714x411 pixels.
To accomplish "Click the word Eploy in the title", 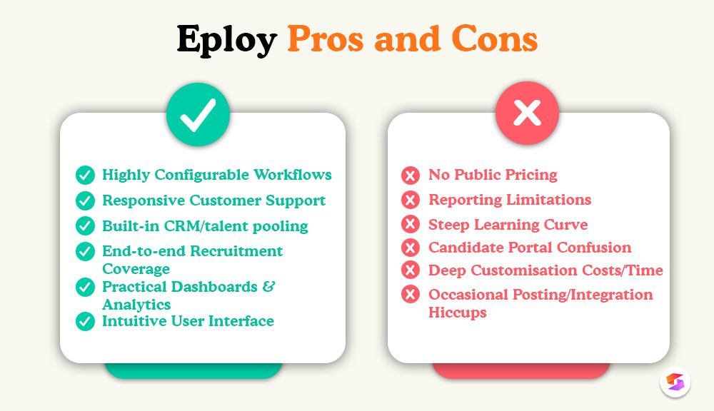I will pos(226,40).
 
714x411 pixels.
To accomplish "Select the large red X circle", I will pos(527,113).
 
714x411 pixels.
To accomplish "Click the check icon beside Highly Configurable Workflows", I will pos(85,176).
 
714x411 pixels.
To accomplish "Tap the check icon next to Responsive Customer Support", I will pos(85,201).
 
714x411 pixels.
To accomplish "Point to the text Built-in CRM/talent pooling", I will pos(205,226).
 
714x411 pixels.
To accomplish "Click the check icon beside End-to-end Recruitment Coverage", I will pos(85,251).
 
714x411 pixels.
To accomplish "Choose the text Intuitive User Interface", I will pos(188,321).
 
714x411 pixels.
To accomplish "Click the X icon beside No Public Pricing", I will pos(411,176).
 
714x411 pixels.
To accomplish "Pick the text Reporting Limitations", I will pos(510,200).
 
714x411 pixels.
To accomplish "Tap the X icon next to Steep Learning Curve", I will pos(411,224).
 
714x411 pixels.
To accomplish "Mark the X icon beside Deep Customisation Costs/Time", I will pos(411,270).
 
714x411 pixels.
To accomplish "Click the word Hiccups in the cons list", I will pos(457,313).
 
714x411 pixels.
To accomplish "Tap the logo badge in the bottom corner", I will pos(675,382).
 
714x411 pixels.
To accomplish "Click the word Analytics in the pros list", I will pos(136,305).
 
